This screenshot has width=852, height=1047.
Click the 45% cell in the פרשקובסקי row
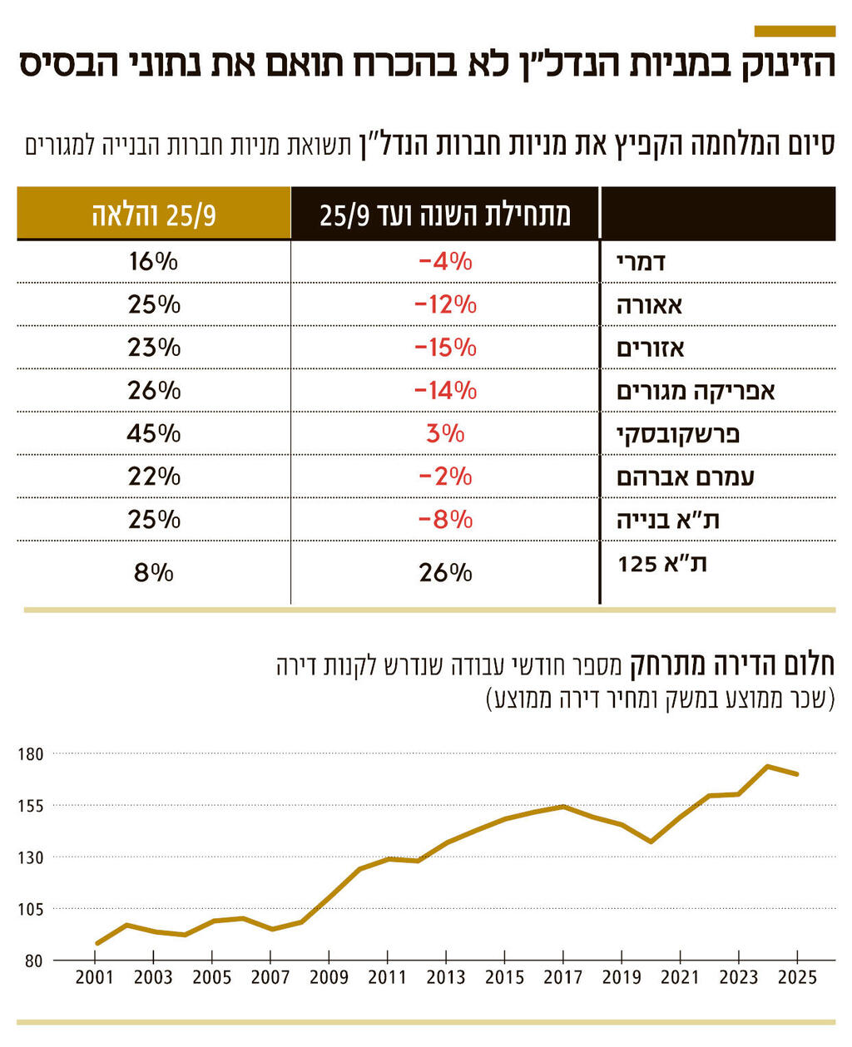tap(154, 433)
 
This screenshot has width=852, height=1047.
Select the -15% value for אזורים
tap(445, 348)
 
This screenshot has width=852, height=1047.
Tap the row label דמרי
tap(641, 262)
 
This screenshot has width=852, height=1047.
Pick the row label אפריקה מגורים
tap(696, 391)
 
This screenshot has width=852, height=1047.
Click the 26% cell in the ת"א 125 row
tap(445, 572)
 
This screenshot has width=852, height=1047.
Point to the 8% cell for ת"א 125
tap(154, 572)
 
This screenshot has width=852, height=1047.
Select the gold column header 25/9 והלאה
tap(154, 215)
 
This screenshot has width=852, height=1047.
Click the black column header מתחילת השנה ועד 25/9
tap(445, 215)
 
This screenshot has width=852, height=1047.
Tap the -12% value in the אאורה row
tap(445, 304)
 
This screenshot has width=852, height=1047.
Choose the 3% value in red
tap(445, 433)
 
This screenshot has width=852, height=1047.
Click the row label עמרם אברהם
tap(686, 477)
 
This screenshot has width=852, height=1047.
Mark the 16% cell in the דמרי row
tap(154, 261)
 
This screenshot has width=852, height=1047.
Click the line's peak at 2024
tap(767, 766)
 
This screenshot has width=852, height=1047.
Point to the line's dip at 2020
tap(651, 842)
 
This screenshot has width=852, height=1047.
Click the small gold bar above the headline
tap(794, 31)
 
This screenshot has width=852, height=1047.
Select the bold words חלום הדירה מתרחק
tap(731, 666)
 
